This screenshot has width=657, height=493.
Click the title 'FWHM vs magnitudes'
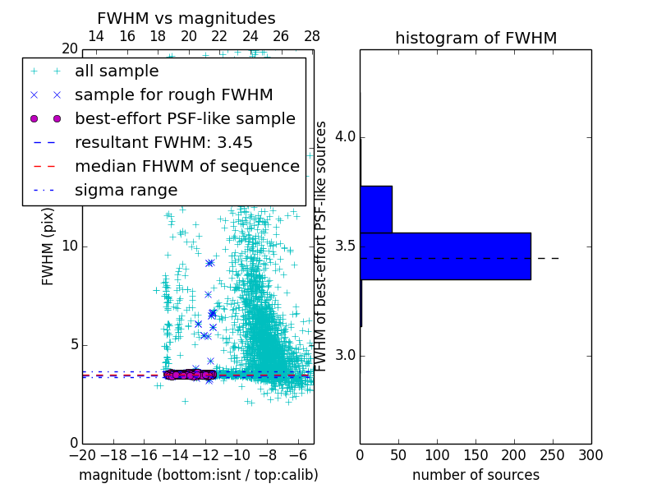(x=186, y=19)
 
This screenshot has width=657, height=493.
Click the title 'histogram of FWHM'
(x=476, y=39)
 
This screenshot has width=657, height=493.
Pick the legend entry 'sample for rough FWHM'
(x=173, y=95)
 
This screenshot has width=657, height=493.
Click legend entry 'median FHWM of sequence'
(x=186, y=167)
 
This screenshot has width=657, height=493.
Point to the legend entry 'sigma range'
(x=126, y=191)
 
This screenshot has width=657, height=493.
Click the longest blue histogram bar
(x=445, y=256)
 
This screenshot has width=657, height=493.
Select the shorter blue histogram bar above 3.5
(x=376, y=210)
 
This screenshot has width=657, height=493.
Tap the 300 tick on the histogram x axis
(x=590, y=454)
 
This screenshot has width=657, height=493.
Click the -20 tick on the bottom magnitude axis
(x=82, y=454)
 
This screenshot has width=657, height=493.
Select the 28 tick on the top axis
(x=312, y=37)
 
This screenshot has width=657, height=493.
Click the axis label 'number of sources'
(x=476, y=475)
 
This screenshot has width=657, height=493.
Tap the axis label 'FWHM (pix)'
(x=48, y=246)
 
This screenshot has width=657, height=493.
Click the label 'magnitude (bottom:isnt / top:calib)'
(x=198, y=475)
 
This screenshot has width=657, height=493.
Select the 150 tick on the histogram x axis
(x=476, y=454)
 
